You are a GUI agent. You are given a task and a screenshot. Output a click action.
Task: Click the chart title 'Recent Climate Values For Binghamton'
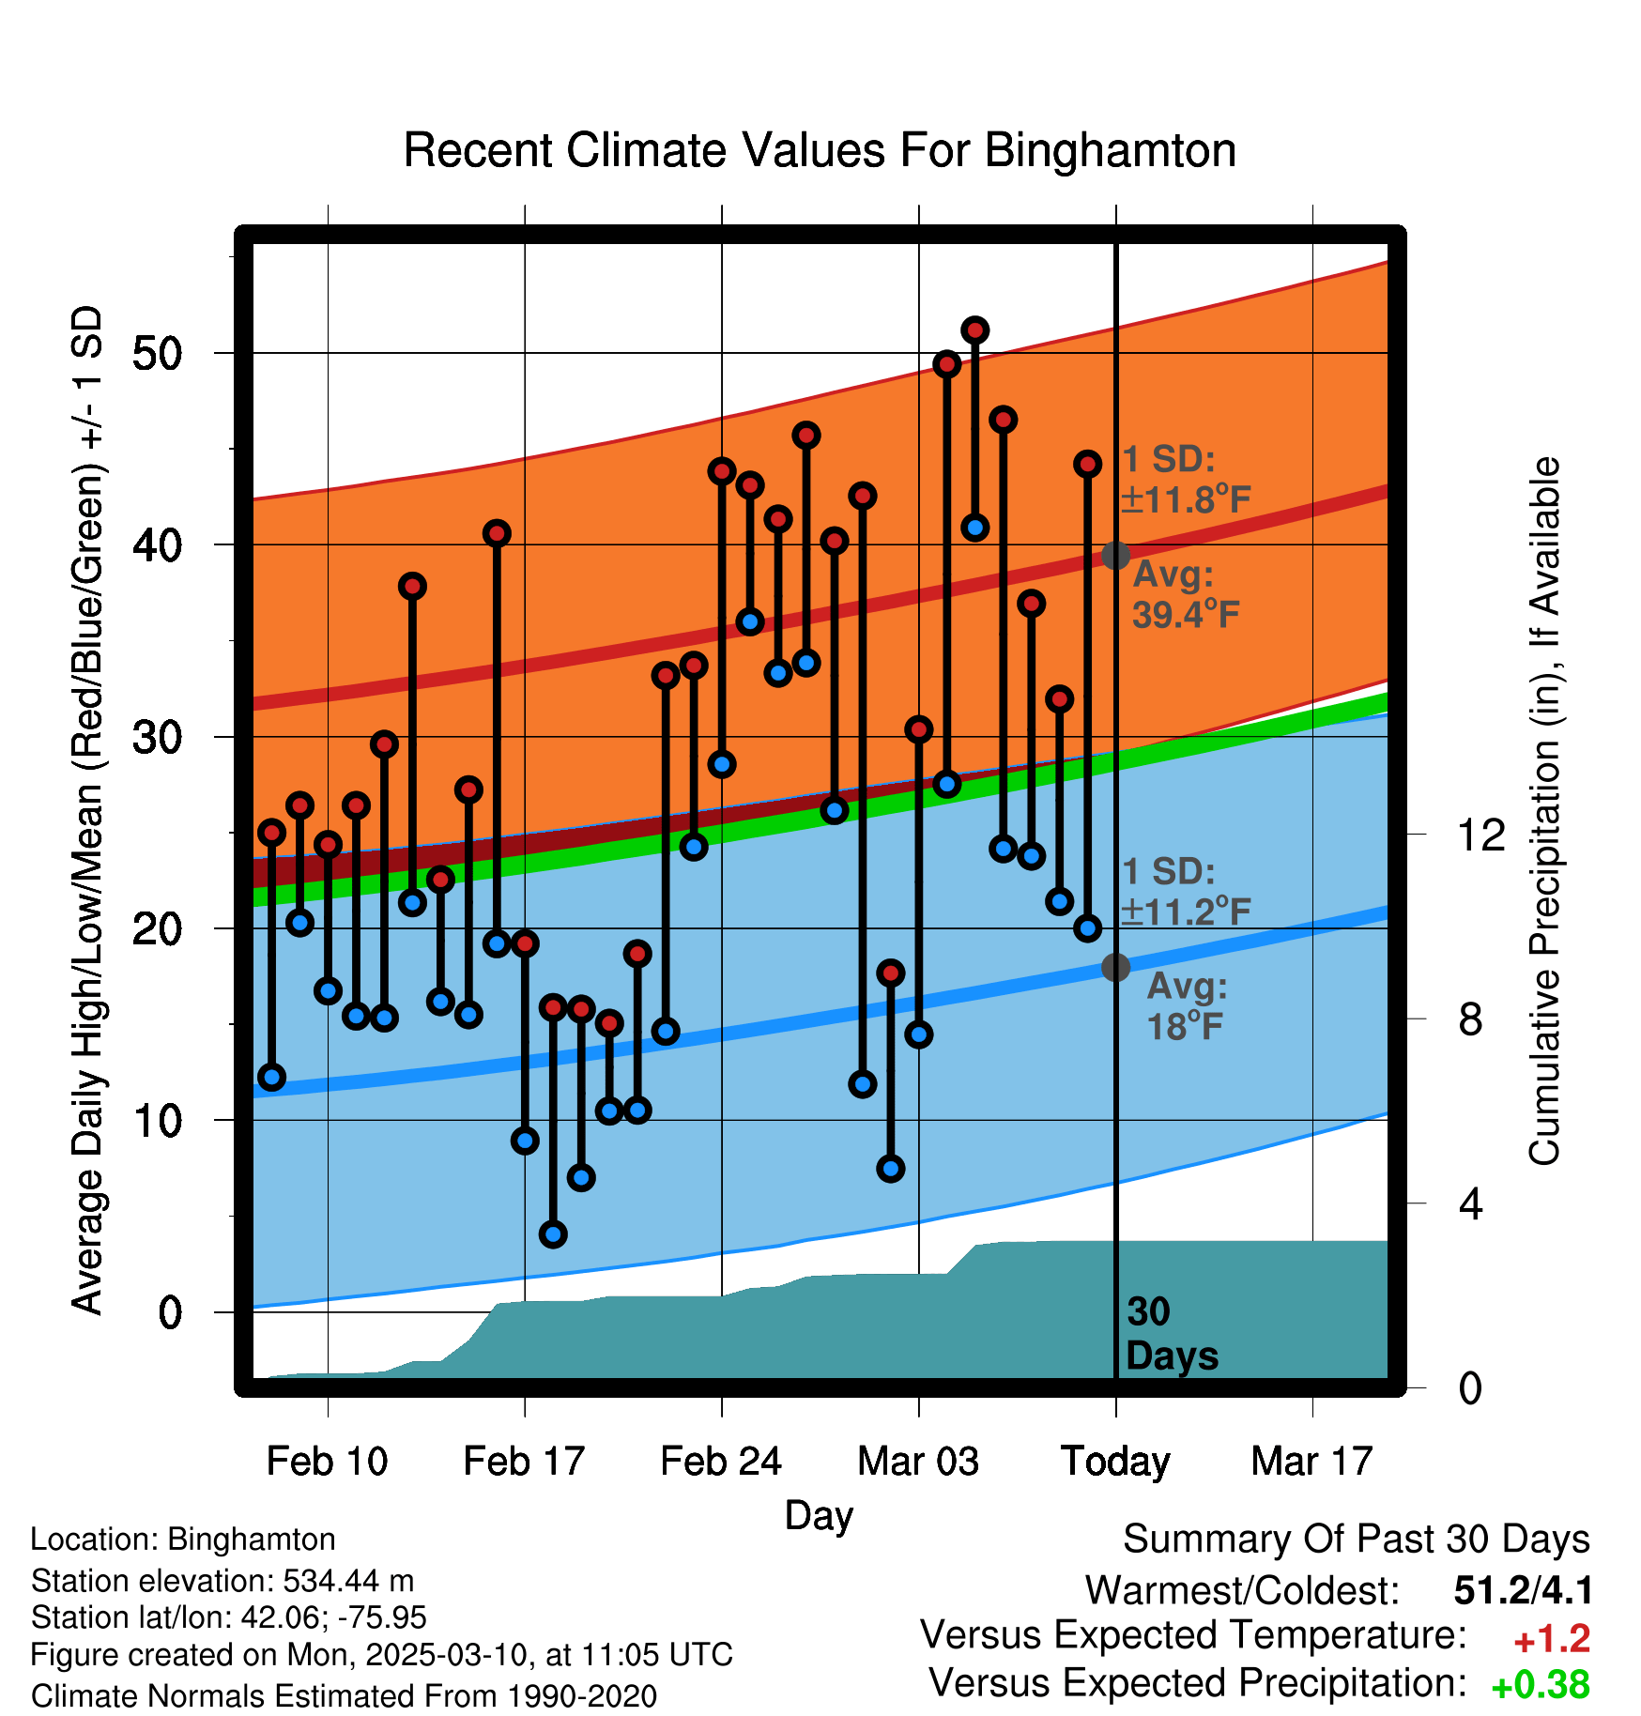[x=820, y=150]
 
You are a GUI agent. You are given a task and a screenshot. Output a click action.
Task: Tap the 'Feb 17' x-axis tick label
[x=524, y=1461]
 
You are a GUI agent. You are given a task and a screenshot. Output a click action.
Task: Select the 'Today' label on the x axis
[x=1115, y=1461]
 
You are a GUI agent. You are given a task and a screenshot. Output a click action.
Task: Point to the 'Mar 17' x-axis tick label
[x=1311, y=1461]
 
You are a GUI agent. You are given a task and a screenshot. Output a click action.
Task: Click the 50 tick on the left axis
[x=157, y=354]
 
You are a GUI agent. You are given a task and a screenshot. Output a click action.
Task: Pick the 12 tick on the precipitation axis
[x=1480, y=835]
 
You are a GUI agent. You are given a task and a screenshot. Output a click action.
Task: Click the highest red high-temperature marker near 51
[x=974, y=330]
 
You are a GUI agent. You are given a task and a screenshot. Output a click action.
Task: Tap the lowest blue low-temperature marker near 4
[x=553, y=1233]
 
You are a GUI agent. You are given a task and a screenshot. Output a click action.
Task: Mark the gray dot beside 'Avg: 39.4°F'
[x=1115, y=555]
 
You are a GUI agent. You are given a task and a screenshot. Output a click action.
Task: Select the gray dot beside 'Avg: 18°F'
[x=1115, y=967]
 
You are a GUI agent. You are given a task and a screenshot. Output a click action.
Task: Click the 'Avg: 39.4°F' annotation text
[x=1185, y=594]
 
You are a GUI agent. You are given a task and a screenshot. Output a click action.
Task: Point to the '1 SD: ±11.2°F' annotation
[x=1185, y=891]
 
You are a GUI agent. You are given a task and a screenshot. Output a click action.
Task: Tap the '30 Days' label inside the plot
[x=1171, y=1334]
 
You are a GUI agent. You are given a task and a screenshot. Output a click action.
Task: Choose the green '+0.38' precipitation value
[x=1541, y=1684]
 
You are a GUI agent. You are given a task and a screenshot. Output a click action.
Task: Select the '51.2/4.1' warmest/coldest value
[x=1523, y=1590]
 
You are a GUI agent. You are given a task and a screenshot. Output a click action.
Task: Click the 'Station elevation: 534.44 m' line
[x=222, y=1580]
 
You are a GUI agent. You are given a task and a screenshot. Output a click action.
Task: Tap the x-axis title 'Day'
[x=819, y=1515]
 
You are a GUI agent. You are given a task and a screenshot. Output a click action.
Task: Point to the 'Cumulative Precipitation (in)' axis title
[x=1544, y=811]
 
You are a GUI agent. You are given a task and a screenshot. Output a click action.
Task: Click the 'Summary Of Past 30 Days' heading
[x=1356, y=1540]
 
